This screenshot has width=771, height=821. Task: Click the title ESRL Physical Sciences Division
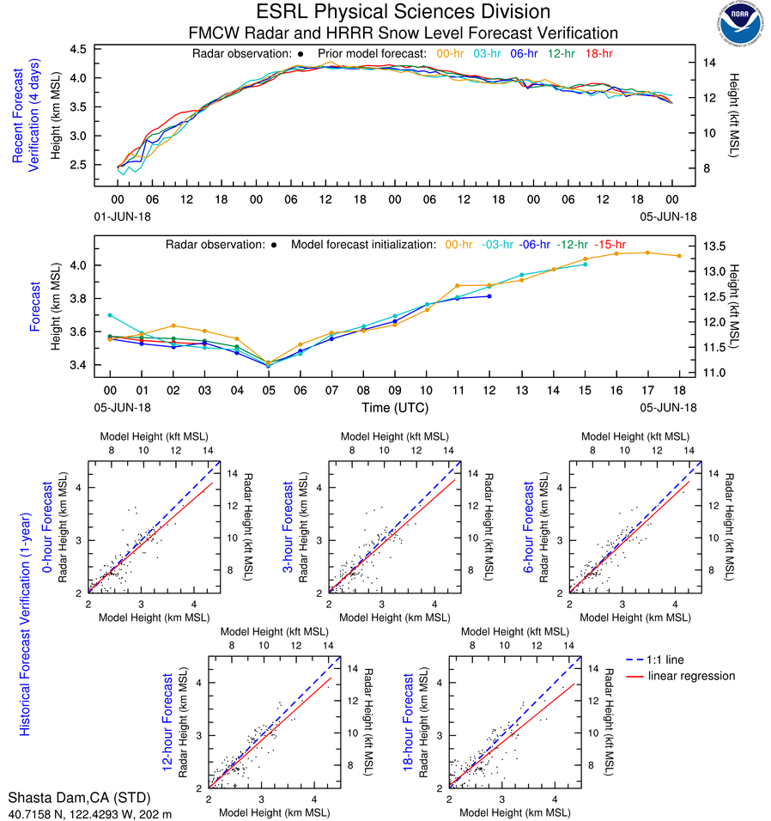click(403, 12)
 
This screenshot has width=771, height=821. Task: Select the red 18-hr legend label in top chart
click(598, 54)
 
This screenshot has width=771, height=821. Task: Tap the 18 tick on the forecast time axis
click(678, 389)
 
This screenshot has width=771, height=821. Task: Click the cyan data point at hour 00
click(110, 316)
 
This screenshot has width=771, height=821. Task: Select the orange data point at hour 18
click(678, 256)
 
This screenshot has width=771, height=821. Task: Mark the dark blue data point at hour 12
click(489, 296)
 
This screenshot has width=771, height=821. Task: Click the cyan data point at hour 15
click(585, 265)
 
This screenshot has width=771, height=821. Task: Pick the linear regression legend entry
click(691, 676)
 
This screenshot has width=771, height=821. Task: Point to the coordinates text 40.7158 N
click(35, 812)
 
